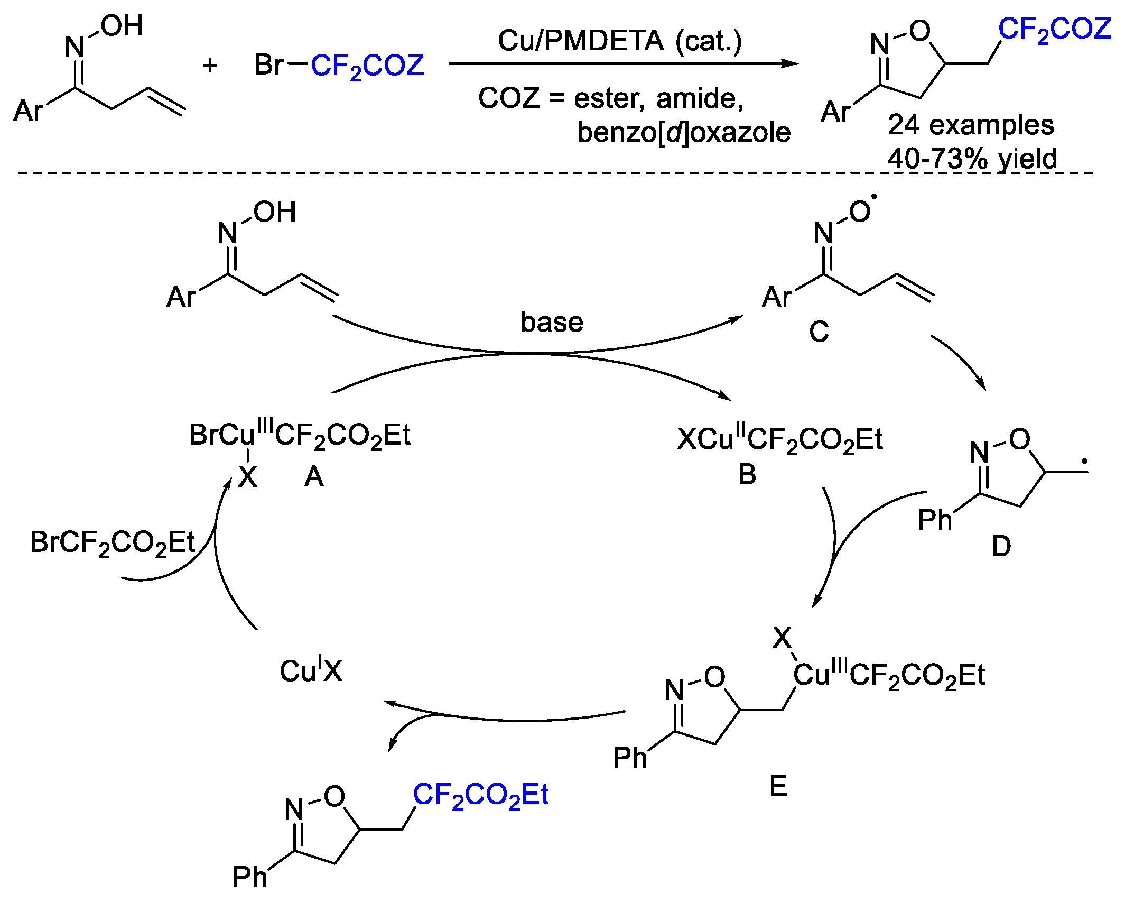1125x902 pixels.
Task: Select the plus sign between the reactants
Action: [210, 66]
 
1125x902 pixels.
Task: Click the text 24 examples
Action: [971, 125]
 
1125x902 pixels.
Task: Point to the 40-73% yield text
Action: [972, 158]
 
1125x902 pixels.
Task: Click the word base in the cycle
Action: [552, 322]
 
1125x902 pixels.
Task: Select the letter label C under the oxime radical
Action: [819, 332]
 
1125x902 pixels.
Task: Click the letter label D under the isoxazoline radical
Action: [1001, 546]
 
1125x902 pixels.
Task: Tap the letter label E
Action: [778, 786]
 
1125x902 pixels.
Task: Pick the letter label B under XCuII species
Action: [747, 474]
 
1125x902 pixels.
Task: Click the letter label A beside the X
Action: [314, 477]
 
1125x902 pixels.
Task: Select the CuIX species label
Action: [311, 670]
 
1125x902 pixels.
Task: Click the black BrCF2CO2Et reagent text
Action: [112, 543]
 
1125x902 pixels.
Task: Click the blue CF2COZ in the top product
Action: [1054, 29]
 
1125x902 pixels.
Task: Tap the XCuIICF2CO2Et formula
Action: [779, 439]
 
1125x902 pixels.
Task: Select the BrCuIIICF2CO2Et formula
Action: [299, 435]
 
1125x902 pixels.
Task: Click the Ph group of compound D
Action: [934, 520]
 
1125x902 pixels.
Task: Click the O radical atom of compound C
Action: [860, 211]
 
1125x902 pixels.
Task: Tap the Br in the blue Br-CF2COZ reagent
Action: [269, 65]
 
